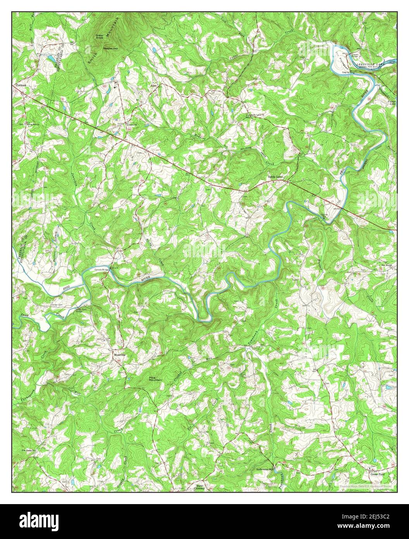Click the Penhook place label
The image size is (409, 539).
click(x=21, y=85)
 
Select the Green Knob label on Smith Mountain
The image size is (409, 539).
click(x=100, y=37)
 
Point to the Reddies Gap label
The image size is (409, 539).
click(x=110, y=48)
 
